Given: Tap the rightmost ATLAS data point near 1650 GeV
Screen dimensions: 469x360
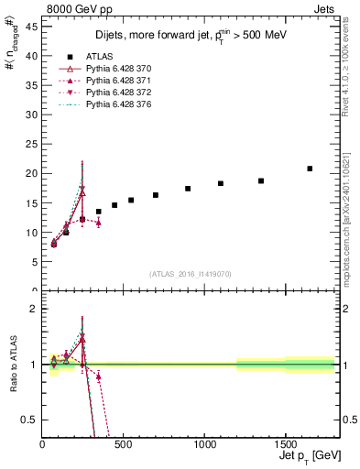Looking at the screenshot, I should click(310, 169).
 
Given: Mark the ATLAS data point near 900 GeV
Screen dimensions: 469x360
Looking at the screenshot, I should click(188, 189).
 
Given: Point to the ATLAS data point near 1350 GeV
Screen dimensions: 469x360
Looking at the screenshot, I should click(261, 180).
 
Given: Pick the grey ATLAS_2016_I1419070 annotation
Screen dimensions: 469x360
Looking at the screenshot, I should click(191, 274).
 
